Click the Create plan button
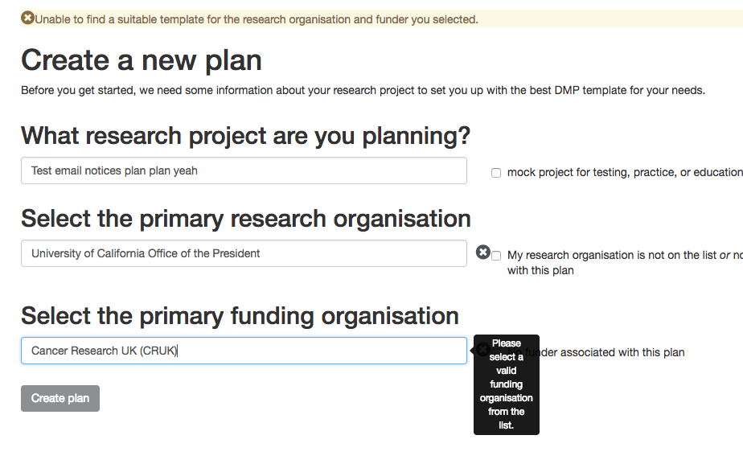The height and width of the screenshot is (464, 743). (60, 398)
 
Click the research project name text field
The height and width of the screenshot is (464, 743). (322, 170)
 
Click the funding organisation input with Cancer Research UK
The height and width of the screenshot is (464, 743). (322, 351)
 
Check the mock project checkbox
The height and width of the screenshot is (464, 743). (496, 173)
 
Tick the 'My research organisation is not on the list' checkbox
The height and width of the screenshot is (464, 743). (496, 256)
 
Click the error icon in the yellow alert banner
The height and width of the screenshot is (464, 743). (27, 18)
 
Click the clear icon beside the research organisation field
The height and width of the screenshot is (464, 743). (482, 253)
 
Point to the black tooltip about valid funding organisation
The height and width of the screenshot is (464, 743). (507, 384)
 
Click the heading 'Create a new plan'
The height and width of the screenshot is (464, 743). (142, 60)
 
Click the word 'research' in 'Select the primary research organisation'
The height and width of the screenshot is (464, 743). (277, 219)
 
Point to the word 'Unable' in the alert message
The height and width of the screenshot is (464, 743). (54, 18)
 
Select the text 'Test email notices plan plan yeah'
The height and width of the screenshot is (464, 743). (114, 170)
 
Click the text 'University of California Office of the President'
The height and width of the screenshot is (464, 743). (146, 253)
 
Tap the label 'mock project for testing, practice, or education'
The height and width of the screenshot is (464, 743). (624, 172)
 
